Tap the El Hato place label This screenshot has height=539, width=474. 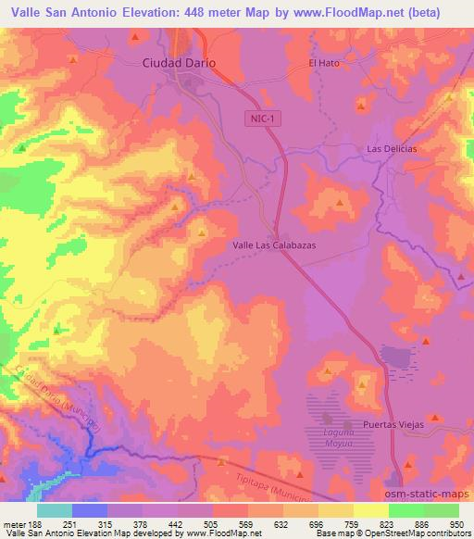(326, 63)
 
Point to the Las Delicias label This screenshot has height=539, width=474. (392, 148)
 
